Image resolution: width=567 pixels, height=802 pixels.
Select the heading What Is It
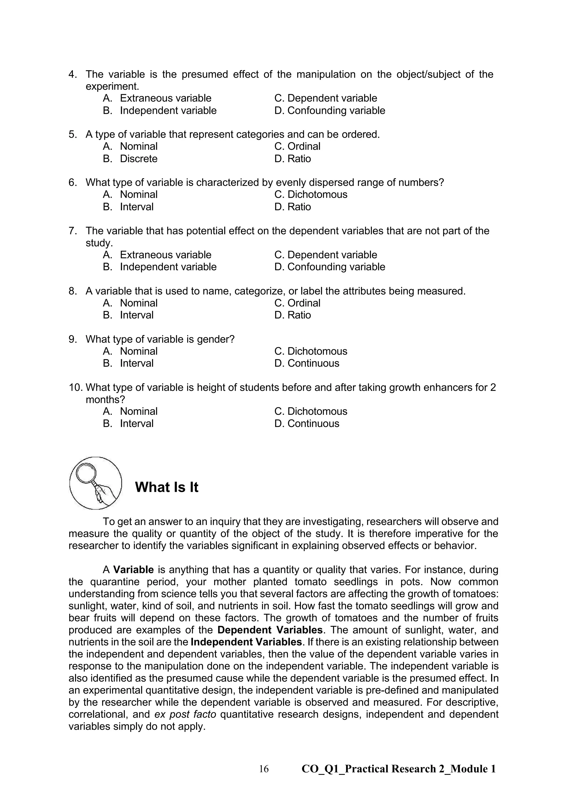point(167,487)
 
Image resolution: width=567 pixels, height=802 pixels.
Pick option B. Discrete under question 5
point(130,159)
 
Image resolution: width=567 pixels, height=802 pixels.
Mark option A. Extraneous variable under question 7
point(157,255)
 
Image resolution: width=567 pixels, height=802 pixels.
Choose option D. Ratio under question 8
point(293,315)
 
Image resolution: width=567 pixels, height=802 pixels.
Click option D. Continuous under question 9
point(306,363)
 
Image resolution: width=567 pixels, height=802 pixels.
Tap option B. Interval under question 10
point(128,423)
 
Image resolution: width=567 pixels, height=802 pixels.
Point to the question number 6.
point(72,182)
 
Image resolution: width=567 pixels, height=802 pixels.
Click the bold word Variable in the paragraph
point(133,570)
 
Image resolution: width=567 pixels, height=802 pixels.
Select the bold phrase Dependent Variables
point(270,630)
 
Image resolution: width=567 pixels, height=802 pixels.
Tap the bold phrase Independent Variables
point(246,642)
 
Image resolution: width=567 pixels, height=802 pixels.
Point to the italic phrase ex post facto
point(185,714)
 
